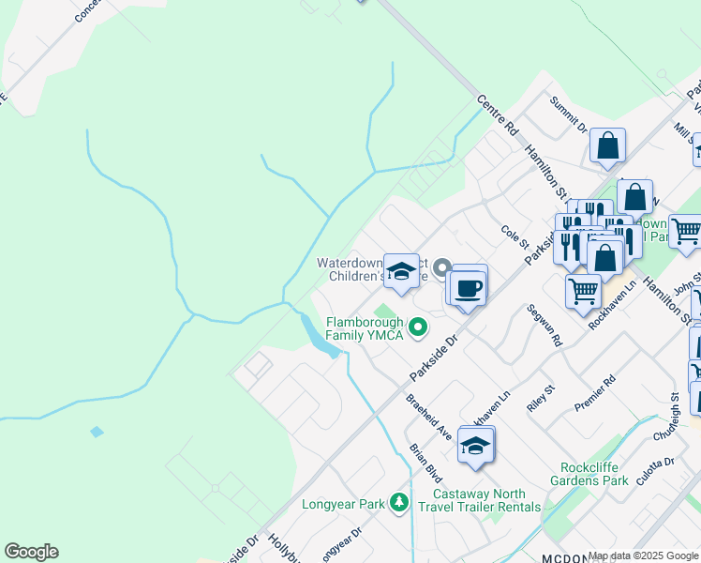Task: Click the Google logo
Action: click(31, 552)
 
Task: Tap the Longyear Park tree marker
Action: click(400, 504)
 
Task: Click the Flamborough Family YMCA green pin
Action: click(419, 327)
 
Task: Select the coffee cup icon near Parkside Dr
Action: click(468, 287)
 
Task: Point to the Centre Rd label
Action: click(497, 113)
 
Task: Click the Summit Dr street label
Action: click(568, 114)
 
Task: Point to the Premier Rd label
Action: click(596, 394)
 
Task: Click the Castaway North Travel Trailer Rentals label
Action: click(486, 500)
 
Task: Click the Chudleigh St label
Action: click(673, 418)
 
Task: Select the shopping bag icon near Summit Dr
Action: click(607, 146)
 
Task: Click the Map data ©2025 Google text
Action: click(644, 555)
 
